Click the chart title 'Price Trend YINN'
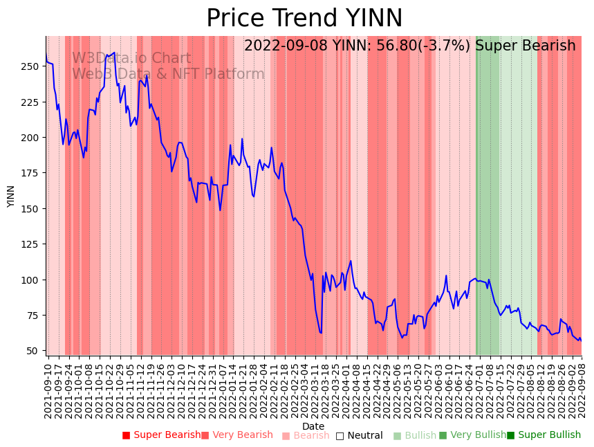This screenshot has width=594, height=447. click(x=304, y=19)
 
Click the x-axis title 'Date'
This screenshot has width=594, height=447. click(x=313, y=426)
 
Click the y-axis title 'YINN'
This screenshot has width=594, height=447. click(x=11, y=196)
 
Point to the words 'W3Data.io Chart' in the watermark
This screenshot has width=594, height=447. click(x=131, y=59)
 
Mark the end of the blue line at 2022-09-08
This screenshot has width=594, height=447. click(x=581, y=340)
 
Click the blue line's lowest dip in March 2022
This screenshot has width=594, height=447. click(x=321, y=333)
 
